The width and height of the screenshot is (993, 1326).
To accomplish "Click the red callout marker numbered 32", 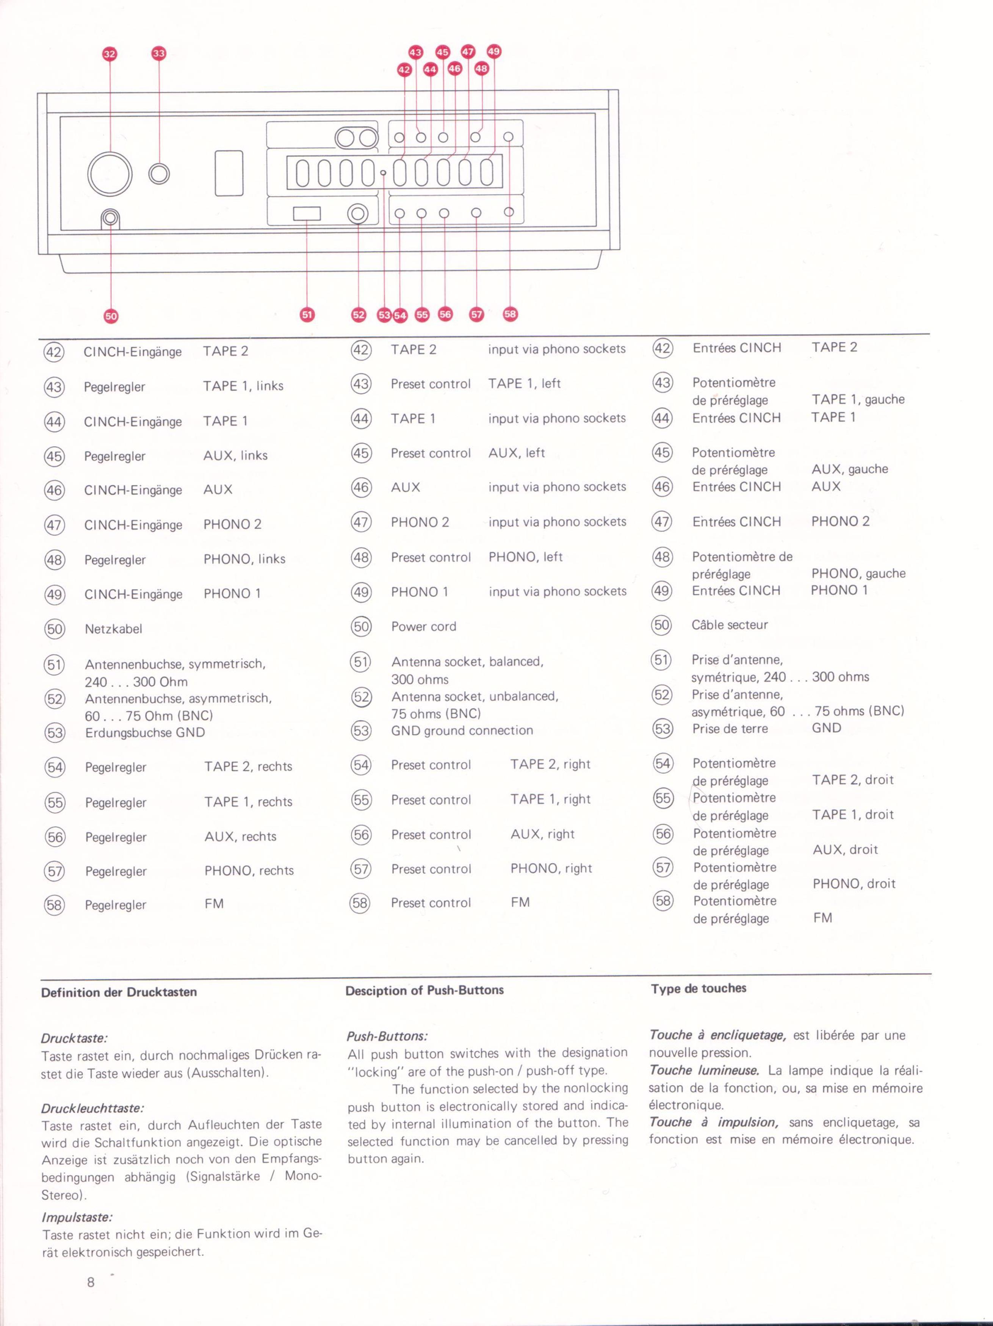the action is coord(110,54).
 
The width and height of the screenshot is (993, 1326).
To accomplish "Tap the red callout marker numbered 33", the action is coord(158,53).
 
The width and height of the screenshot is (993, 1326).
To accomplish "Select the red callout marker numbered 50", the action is coord(111,316).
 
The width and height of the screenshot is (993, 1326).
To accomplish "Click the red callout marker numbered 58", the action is coord(510,314).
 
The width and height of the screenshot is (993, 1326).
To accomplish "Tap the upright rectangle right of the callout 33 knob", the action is coord(229,173).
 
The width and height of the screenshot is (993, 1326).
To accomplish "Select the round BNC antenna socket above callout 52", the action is coord(358,214).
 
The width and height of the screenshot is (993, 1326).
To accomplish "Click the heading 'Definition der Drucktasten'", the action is coord(119,992).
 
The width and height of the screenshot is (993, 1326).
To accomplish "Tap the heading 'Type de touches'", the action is coord(699,988).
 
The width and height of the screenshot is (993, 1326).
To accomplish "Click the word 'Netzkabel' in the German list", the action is coord(113,629).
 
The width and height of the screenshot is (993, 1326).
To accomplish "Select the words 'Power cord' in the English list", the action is coord(423,626).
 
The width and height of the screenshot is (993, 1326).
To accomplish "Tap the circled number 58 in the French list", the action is coord(663,901).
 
